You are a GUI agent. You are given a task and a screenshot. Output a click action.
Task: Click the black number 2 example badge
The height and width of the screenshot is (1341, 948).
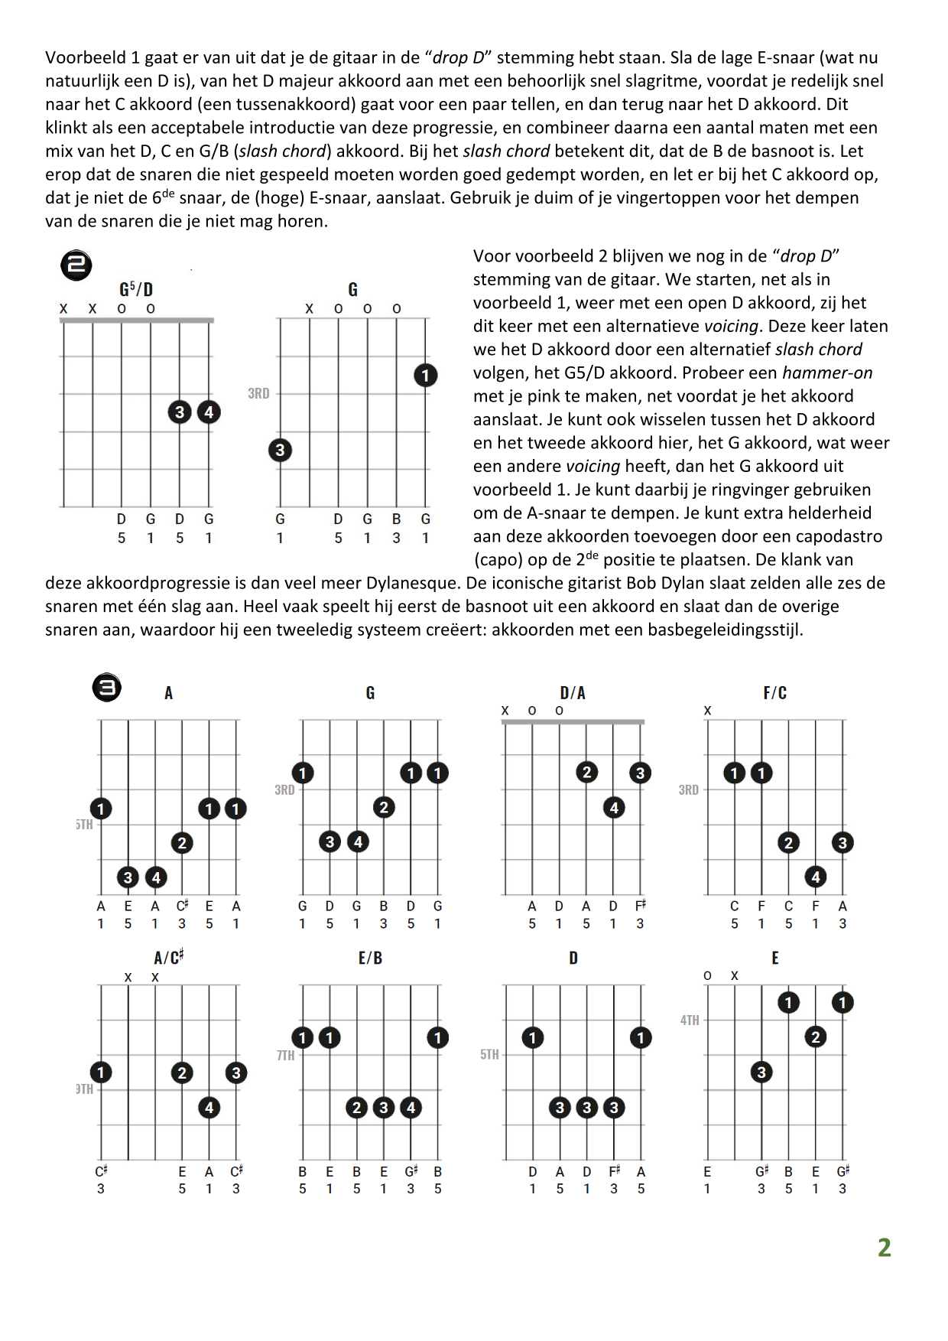click(x=76, y=265)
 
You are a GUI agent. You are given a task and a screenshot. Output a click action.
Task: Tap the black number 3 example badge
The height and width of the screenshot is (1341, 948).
click(x=107, y=687)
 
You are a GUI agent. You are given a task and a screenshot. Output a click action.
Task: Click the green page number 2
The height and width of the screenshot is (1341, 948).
click(x=885, y=1248)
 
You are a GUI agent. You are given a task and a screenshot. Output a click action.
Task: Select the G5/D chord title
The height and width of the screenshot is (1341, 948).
click(x=136, y=289)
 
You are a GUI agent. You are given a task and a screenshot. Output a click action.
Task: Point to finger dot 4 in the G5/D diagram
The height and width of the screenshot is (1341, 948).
click(x=209, y=412)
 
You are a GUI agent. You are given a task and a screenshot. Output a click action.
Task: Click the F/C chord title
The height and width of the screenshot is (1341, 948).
click(x=774, y=693)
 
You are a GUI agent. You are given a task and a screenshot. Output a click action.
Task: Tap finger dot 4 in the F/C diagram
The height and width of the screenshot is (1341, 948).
click(x=816, y=877)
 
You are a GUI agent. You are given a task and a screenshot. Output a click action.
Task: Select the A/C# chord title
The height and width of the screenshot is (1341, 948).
click(x=169, y=958)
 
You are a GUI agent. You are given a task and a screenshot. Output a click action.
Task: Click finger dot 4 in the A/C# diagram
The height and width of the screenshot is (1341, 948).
click(x=209, y=1108)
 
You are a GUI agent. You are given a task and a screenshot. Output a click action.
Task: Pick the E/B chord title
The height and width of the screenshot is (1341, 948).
click(x=370, y=958)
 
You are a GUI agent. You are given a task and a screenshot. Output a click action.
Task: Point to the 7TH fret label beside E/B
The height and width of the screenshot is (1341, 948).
click(x=286, y=1056)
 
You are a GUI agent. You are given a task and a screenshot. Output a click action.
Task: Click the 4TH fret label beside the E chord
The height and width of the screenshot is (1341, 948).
click(x=690, y=1020)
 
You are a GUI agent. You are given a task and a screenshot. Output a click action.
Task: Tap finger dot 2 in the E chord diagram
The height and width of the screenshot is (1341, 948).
click(x=816, y=1037)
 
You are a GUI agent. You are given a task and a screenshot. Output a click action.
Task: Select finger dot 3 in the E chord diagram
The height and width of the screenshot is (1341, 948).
click(x=761, y=1072)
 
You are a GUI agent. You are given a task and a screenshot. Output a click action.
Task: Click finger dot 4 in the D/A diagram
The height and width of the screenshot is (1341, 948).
click(x=614, y=808)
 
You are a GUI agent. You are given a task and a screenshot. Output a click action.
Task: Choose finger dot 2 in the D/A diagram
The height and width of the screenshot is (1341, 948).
click(x=586, y=773)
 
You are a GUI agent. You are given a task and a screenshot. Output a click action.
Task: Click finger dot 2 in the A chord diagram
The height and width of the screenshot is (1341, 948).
click(x=182, y=843)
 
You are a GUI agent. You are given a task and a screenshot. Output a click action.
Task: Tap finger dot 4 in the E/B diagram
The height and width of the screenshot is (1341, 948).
click(x=411, y=1108)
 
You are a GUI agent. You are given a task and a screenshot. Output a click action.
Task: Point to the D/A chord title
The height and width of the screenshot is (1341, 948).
click(x=573, y=693)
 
